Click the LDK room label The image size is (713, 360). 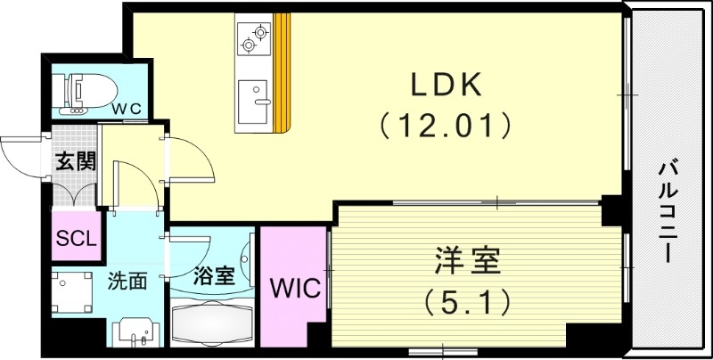click(x=445, y=84)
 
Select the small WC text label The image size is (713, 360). click(x=126, y=109)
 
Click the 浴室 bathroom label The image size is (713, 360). click(x=214, y=274)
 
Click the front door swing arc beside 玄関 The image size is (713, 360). click(x=22, y=155)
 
